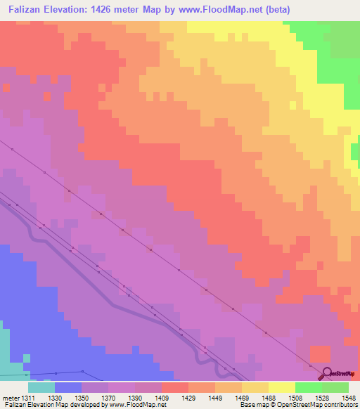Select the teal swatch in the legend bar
[41, 387]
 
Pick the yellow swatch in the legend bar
[281, 387]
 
